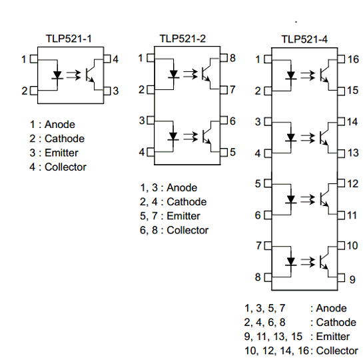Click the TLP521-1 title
(x=69, y=39)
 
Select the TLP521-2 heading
(x=182, y=39)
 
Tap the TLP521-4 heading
(x=304, y=39)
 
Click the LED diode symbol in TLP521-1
(x=57, y=75)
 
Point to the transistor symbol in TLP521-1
(x=91, y=75)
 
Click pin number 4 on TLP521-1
(x=115, y=59)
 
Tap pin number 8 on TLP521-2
(x=232, y=58)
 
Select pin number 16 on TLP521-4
(x=353, y=59)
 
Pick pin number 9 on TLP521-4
(x=352, y=279)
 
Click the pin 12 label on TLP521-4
(x=353, y=184)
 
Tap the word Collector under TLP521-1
(x=65, y=167)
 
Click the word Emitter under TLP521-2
(x=183, y=216)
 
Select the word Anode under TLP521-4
(x=331, y=309)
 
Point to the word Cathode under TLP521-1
(x=65, y=139)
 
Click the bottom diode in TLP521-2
(x=173, y=136)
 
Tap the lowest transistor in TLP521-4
(x=324, y=262)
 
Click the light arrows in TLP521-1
(x=73, y=75)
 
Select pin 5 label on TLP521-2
(x=232, y=152)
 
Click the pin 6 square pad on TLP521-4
(x=268, y=215)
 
